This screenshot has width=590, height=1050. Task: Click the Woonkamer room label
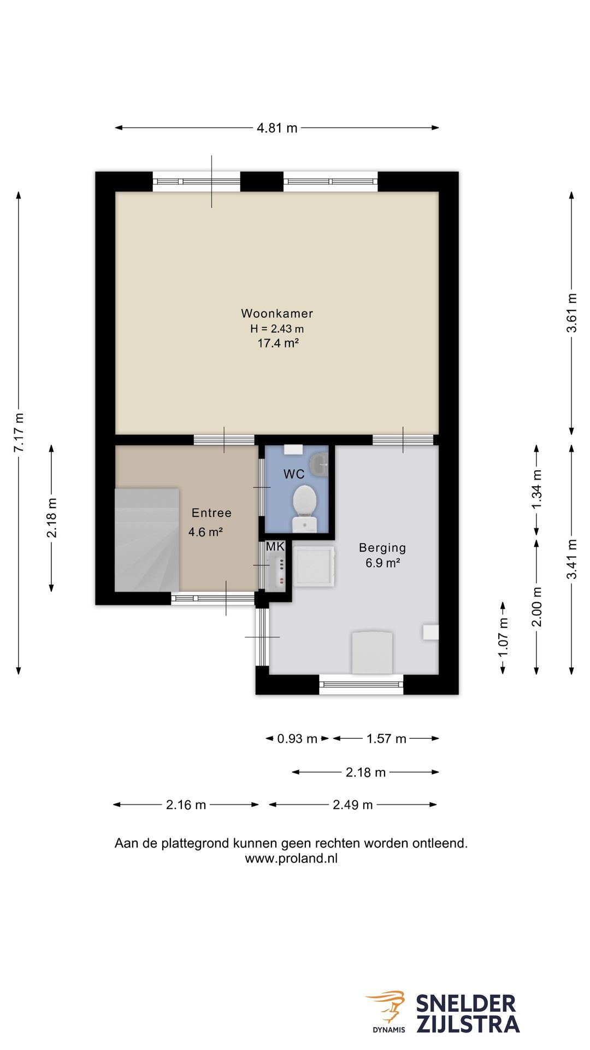(277, 313)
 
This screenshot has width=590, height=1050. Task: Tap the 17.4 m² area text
(278, 343)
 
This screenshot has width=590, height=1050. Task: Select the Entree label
(211, 513)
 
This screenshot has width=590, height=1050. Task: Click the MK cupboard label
(275, 546)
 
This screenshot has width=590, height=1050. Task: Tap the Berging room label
(382, 547)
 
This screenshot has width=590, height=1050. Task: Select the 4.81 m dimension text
(277, 128)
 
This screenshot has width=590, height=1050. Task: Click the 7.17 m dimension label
(19, 433)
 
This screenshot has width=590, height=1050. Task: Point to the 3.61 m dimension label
(571, 313)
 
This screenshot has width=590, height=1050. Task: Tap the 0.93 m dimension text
(297, 739)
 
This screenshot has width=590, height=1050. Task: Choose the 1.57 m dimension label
(386, 739)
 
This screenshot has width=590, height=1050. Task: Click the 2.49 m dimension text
(353, 805)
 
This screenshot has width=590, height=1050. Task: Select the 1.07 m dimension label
(503, 638)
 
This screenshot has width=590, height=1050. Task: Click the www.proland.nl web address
(291, 859)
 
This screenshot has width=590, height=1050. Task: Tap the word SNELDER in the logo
(466, 1004)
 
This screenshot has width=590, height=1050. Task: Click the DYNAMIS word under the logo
(389, 1030)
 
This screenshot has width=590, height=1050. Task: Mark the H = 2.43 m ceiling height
(277, 329)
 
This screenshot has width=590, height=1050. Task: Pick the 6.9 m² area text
(383, 563)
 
